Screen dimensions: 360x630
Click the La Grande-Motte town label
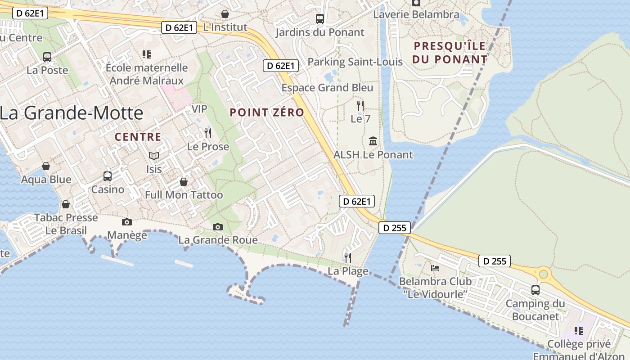(72, 112)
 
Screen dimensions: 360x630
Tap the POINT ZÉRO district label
(267, 112)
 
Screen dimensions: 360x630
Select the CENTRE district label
(138, 137)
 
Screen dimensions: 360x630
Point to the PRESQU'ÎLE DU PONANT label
(450, 52)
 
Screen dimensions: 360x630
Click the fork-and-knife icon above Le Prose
(208, 133)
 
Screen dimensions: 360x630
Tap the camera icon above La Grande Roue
(218, 227)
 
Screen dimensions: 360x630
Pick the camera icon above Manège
(127, 222)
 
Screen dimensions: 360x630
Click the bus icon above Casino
(108, 176)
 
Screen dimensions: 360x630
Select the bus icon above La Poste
(47, 57)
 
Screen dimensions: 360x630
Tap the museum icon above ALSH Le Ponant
(373, 141)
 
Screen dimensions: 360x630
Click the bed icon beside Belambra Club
(435, 268)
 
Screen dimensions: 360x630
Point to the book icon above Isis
(154, 156)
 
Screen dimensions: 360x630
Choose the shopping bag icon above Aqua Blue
(45, 166)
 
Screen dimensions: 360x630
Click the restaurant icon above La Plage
(348, 257)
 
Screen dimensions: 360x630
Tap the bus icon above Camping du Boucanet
(535, 290)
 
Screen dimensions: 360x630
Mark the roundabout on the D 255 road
(544, 273)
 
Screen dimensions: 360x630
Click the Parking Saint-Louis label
(355, 62)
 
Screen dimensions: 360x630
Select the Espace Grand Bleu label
(327, 88)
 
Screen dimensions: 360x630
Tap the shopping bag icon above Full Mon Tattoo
(184, 181)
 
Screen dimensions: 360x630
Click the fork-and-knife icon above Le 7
(360, 105)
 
